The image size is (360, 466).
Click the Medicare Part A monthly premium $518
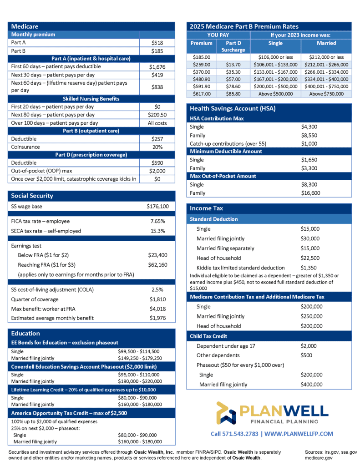(x=157, y=42)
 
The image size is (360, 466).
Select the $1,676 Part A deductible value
(x=157, y=66)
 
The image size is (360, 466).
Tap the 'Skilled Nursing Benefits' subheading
(x=91, y=98)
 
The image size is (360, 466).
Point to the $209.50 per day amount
(x=157, y=115)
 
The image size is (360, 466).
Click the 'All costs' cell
(x=157, y=123)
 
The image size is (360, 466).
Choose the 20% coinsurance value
(x=157, y=147)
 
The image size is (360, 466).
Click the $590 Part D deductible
(x=157, y=162)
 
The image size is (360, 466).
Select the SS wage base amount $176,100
(x=157, y=206)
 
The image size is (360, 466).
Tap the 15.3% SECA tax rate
(x=157, y=231)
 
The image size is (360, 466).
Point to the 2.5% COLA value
(x=157, y=289)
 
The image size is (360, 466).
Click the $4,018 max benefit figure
(x=157, y=309)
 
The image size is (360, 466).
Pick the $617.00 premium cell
(x=201, y=94)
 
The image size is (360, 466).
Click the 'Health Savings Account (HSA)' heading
(x=233, y=108)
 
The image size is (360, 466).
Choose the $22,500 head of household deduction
(x=310, y=258)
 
